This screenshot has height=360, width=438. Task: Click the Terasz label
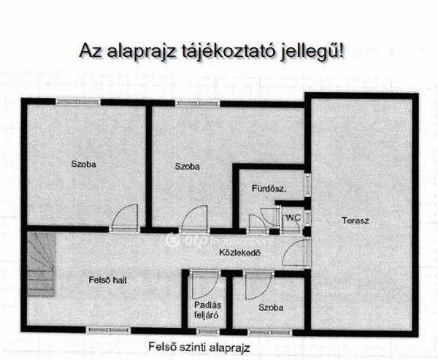point(355,221)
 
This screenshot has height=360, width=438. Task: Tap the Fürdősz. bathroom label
point(269,188)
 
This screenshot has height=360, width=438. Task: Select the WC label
point(293,218)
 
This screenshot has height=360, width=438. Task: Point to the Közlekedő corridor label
point(240,253)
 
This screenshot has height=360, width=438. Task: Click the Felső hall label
point(107,280)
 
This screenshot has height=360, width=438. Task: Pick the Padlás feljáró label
point(206,310)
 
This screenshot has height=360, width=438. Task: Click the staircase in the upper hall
point(42,264)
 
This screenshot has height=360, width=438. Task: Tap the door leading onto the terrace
point(296,252)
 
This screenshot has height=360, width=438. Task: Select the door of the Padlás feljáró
point(205,284)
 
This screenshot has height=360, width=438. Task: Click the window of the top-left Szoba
point(78,102)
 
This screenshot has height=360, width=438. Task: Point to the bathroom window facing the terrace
point(307,185)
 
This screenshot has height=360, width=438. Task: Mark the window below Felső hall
point(108,330)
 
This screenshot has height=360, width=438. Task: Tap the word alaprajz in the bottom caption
point(229,348)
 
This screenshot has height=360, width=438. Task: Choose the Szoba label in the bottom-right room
point(271,307)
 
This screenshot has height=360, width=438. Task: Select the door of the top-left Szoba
point(124,218)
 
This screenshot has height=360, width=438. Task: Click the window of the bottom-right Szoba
point(270,332)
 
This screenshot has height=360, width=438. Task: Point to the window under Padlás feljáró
point(208,332)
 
